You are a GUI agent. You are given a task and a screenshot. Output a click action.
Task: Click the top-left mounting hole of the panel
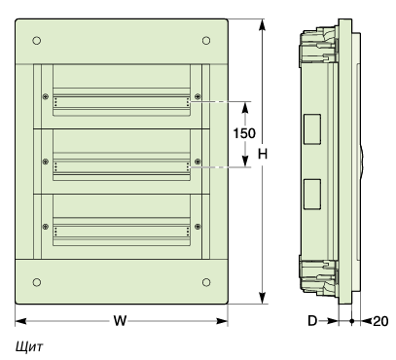tap(37, 41)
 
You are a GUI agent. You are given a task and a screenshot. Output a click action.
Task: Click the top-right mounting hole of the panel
tap(206, 41)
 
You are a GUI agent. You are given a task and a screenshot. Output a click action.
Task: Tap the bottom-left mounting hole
tap(37, 282)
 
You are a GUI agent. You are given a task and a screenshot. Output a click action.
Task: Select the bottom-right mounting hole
tap(206, 282)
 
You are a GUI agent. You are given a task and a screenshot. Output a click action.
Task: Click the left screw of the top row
tap(46, 96)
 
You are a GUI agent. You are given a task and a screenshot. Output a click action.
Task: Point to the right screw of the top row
tap(198, 96)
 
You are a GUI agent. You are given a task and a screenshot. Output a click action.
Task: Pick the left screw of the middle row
tap(46, 162)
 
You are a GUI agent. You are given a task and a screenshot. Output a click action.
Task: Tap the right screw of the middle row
tap(198, 162)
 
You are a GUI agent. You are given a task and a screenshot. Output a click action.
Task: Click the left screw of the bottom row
tap(46, 227)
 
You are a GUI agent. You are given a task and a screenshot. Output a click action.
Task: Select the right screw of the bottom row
tap(198, 227)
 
